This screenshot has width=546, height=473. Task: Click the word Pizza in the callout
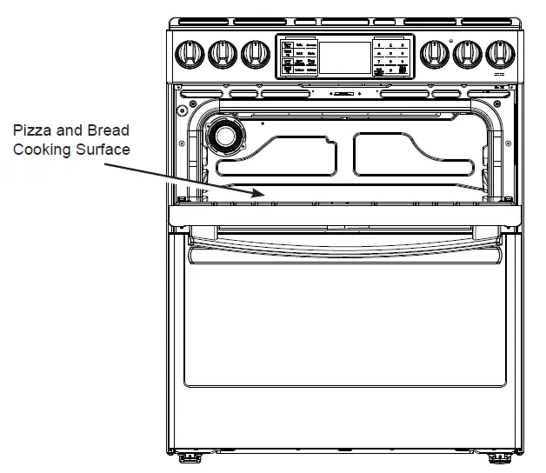pyautogui.click(x=31, y=130)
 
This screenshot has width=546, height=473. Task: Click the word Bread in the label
pyautogui.click(x=106, y=130)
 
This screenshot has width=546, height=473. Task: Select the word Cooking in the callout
pyautogui.click(x=42, y=149)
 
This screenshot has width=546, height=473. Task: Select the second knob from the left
pyautogui.click(x=221, y=54)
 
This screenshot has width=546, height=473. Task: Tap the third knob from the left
pyautogui.click(x=255, y=54)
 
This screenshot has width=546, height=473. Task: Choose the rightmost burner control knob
pyautogui.click(x=500, y=54)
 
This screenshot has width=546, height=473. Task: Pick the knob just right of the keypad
pyautogui.click(x=432, y=54)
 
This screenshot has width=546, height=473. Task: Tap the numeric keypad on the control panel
pyautogui.click(x=391, y=57)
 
